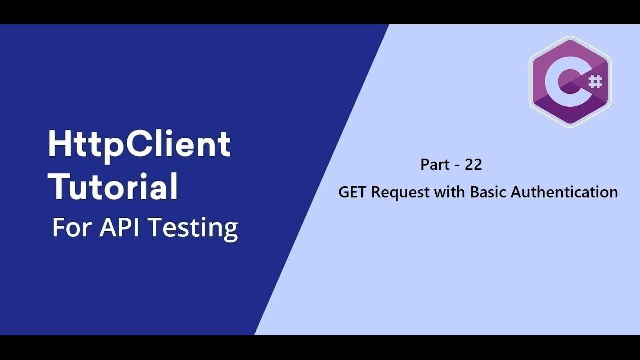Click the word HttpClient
tap(139, 145)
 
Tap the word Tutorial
tap(115, 186)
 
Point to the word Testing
tap(193, 228)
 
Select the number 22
tap(473, 164)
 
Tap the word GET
tap(353, 192)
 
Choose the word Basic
tap(488, 192)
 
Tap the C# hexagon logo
tap(570, 81)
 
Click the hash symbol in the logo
tap(595, 81)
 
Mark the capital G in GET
tap(344, 192)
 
